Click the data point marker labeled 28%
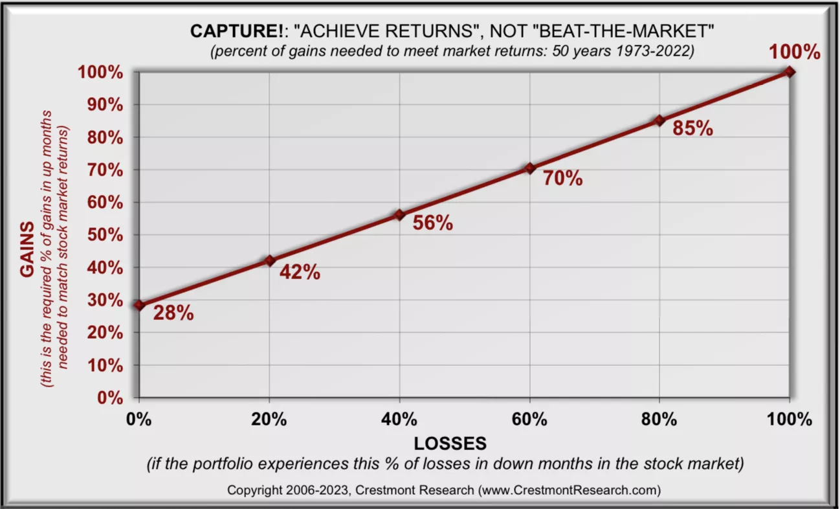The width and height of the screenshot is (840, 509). point(139,305)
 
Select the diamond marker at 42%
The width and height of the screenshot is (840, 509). point(269,260)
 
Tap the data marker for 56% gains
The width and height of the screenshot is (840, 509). point(399,214)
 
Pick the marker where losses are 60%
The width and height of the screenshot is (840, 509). point(529,168)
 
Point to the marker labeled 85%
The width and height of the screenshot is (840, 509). point(659,120)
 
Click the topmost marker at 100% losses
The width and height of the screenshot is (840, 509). point(790,71)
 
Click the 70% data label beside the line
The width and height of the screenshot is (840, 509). point(562,178)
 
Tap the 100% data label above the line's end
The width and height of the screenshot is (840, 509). point(795,52)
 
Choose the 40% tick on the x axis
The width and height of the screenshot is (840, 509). point(399,419)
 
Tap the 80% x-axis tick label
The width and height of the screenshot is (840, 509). point(659,419)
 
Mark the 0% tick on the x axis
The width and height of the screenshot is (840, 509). point(139,419)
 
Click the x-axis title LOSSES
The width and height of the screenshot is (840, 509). point(450,444)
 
